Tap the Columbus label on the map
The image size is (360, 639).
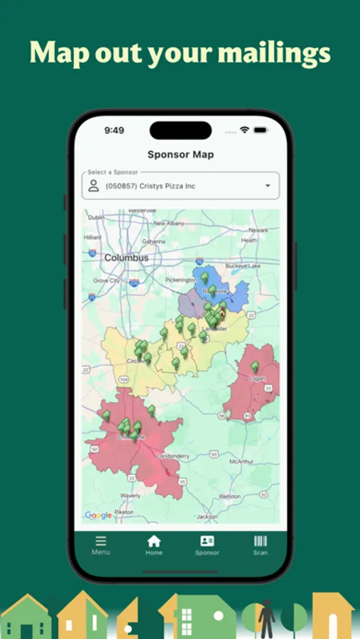pos(126,258)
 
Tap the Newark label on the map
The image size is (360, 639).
pos(258,230)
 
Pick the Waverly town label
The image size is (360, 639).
pos(130,495)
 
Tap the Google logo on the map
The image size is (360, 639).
pos(99,515)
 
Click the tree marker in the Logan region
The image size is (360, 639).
pos(255,367)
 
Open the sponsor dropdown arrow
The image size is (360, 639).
pos(268,186)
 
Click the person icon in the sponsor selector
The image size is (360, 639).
pos(93,186)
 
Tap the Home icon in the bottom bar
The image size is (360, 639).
pos(154,542)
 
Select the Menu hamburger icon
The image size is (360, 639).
pos(101,541)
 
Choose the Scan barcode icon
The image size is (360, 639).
pos(261,541)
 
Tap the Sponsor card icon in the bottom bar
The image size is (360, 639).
pos(207,541)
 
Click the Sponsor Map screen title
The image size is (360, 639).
pos(180,154)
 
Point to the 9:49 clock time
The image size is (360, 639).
pos(114,130)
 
